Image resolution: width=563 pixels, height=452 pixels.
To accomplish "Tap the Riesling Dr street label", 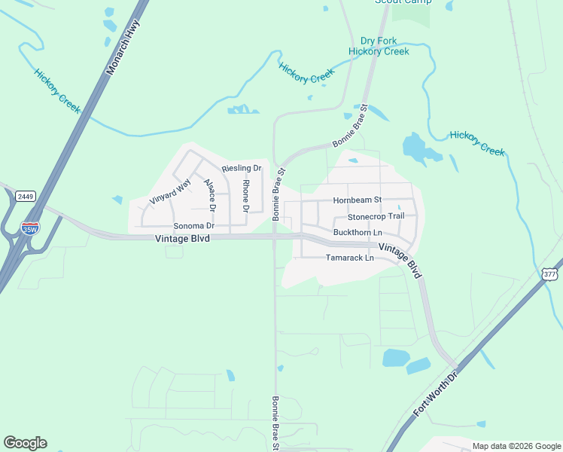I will (x=242, y=168).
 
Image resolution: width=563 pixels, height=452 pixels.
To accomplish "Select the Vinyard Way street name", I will (x=170, y=191).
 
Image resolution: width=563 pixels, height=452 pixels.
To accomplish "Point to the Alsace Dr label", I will (x=211, y=196).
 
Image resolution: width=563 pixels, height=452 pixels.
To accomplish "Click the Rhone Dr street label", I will (x=245, y=194).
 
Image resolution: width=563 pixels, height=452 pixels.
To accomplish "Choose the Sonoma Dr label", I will (x=194, y=225).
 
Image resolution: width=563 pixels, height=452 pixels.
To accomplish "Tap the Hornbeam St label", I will (x=358, y=200).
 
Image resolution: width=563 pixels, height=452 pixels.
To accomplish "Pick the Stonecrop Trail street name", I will (x=376, y=216).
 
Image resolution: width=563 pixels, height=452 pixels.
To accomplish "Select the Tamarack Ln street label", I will (x=349, y=258).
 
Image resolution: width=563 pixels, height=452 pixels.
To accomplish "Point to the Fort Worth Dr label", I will (x=436, y=394).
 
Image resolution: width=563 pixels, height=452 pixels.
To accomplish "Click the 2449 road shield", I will (x=26, y=196).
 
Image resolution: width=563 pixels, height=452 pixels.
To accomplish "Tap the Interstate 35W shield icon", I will (x=30, y=228).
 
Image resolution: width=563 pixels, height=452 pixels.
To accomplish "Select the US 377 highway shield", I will (x=549, y=275).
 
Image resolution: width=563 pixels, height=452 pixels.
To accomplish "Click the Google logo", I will (x=25, y=443).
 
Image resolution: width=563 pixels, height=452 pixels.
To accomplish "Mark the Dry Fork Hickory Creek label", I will (x=379, y=46).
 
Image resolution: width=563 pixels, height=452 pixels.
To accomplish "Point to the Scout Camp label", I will (x=403, y=2).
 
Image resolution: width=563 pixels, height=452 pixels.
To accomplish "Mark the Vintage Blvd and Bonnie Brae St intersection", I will (x=275, y=237).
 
